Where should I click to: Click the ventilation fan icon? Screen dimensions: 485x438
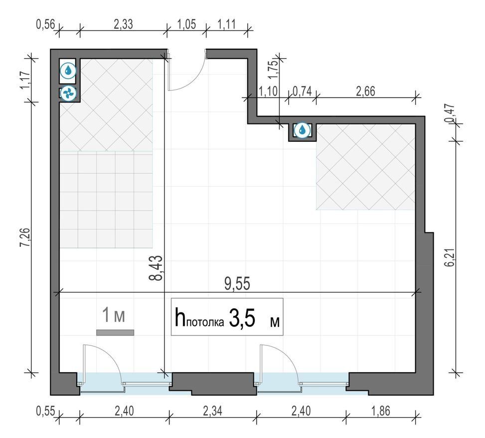pos(68,93)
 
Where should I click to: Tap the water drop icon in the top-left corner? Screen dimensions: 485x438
pos(68,71)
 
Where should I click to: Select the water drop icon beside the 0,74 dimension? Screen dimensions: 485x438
pos(302,130)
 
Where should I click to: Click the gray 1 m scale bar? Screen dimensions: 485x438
pos(115,332)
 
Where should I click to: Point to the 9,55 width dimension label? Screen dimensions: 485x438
pos(237,284)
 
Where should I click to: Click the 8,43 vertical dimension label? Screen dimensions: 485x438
pos(156,267)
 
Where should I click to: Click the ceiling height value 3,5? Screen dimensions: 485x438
pos(242,319)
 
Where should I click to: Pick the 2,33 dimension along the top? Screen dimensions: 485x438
pos(124,24)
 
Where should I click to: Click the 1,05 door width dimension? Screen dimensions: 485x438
pos(186,24)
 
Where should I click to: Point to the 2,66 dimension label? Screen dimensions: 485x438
pos(365,92)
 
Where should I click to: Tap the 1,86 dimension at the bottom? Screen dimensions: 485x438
pos(381,411)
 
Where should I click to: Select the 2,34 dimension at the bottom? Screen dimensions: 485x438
pos(212,411)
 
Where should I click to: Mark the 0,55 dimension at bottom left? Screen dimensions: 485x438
pos(45,411)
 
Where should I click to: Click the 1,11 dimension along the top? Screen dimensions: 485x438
pos(227,24)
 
